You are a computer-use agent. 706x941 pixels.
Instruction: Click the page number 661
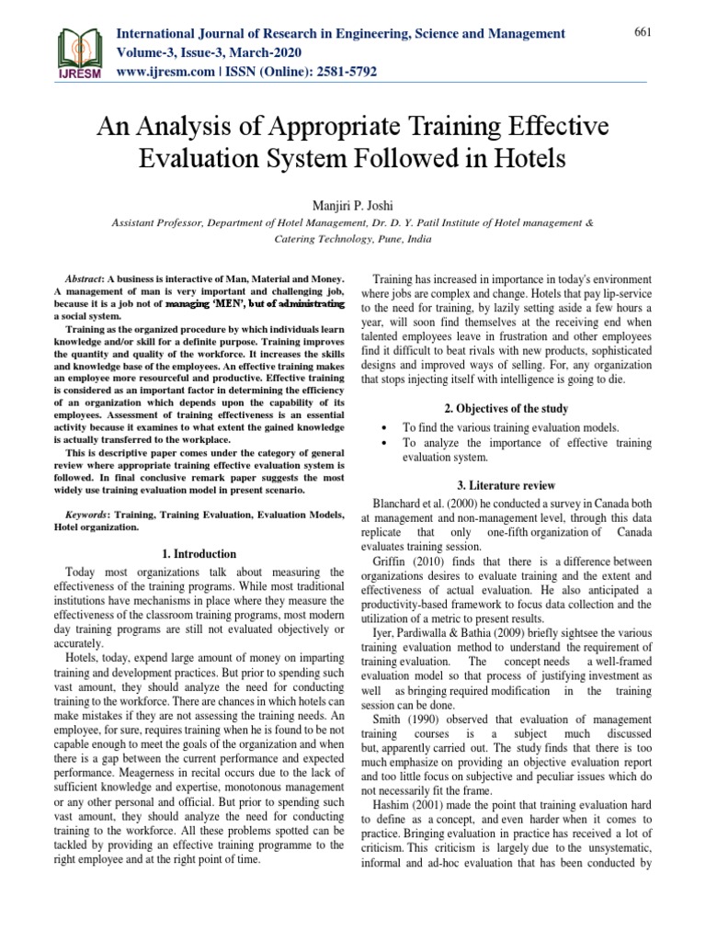point(643,32)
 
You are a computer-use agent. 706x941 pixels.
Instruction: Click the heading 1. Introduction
point(199,554)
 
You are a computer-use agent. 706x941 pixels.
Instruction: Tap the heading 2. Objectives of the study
point(514,408)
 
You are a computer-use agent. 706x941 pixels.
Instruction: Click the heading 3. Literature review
point(514,485)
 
